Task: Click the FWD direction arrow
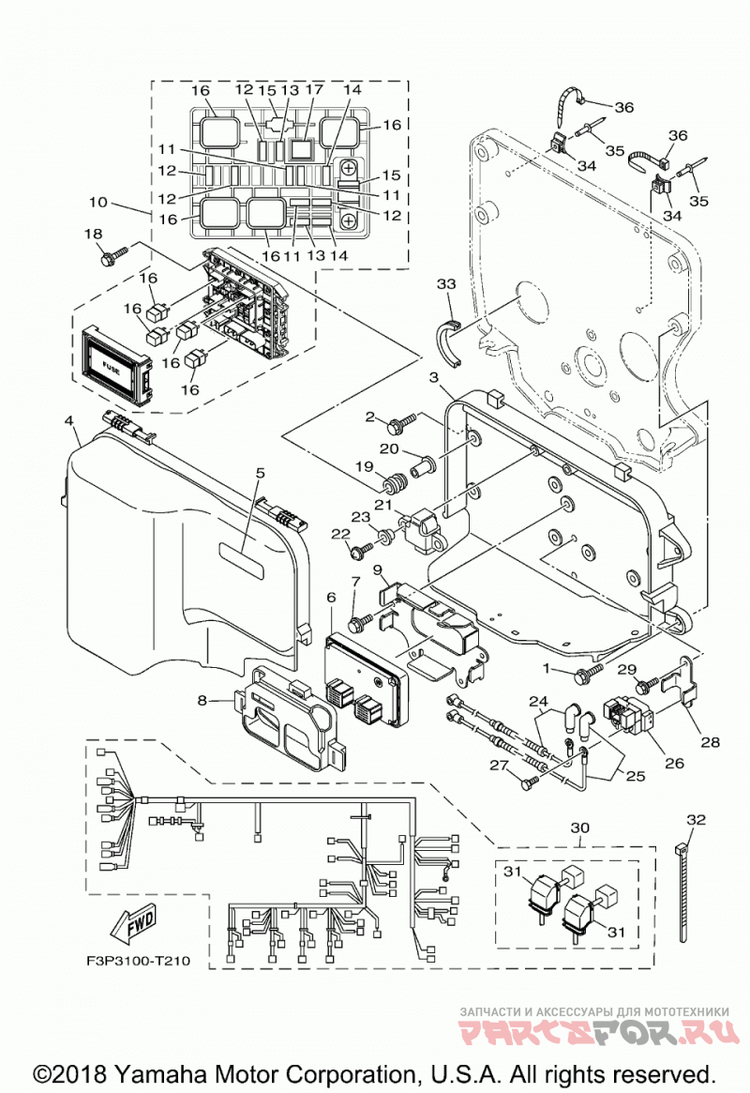(x=132, y=923)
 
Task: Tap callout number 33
(x=446, y=283)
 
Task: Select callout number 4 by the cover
(x=69, y=420)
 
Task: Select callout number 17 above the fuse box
(x=314, y=89)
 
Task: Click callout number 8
(x=202, y=700)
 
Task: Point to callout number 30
(x=580, y=828)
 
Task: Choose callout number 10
(x=98, y=202)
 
